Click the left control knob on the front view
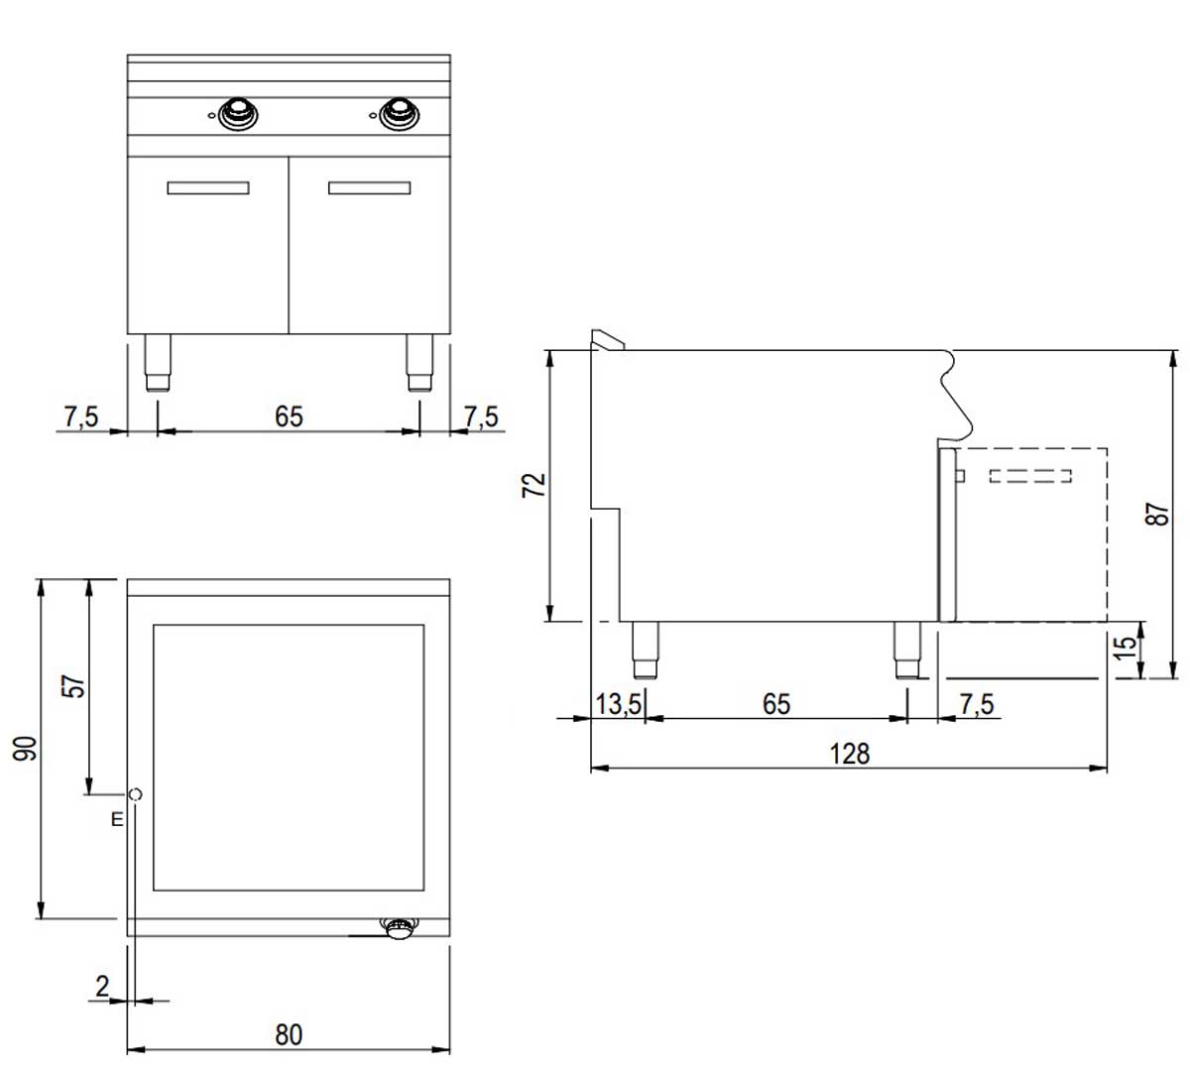coord(238,113)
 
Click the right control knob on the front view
coord(399,113)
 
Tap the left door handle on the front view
coord(208,188)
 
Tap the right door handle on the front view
coord(369,188)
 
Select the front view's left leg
coord(158,363)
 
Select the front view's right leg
coord(419,363)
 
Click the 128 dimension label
coord(849,754)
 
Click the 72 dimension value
coord(534,485)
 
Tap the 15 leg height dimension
coord(1127,650)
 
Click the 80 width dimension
coord(288,1035)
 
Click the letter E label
coord(116,820)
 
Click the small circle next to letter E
coord(136,793)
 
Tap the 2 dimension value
coord(102,986)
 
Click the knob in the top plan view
coord(401,928)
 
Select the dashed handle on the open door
coord(1030,476)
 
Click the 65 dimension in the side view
coord(776,704)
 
